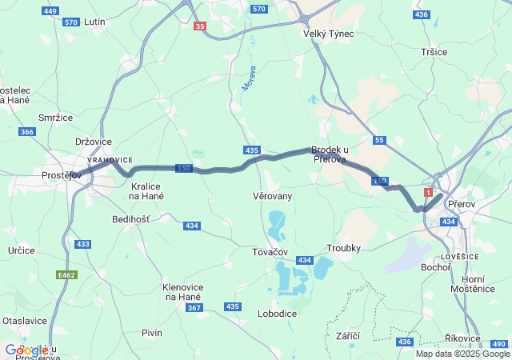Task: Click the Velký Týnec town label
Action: coord(328,34)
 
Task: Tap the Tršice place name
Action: coord(434,51)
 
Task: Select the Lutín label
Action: coord(94,22)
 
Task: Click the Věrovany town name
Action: coord(272,195)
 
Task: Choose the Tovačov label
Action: coord(270,251)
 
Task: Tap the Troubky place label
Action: coord(345,248)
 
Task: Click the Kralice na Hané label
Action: coord(147,190)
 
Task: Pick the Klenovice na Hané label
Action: coord(183,291)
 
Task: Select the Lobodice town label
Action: coord(277,314)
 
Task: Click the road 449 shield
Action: coord(50,11)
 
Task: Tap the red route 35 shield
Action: coord(199,26)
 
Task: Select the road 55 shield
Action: coord(379,140)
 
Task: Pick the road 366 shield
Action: coord(27,132)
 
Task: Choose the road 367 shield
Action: coord(194,307)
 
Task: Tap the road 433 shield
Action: coord(82,243)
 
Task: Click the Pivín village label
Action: coord(151,332)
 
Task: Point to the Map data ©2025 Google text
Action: coord(462,354)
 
